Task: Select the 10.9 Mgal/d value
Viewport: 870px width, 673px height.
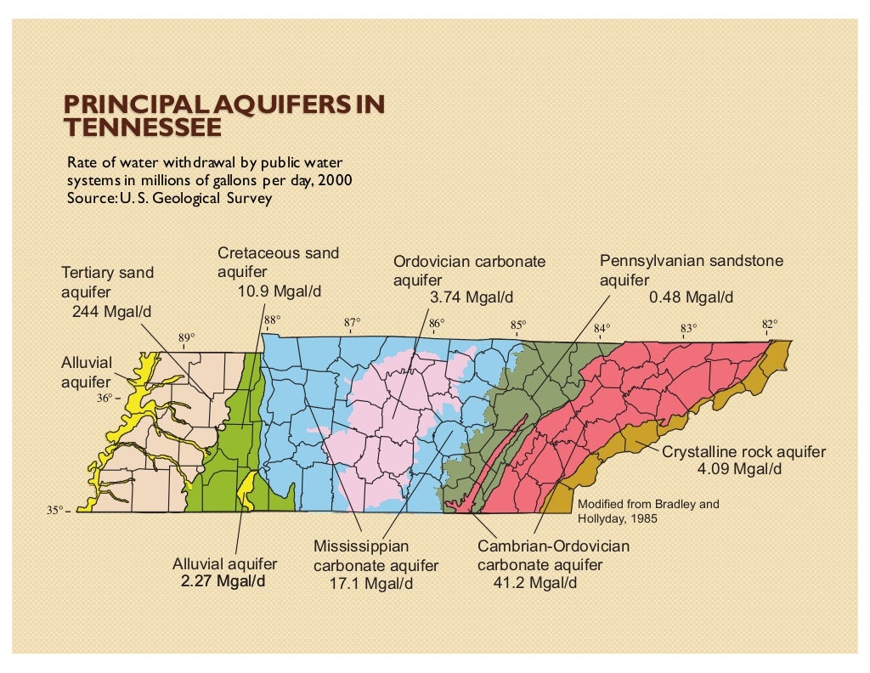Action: tap(279, 291)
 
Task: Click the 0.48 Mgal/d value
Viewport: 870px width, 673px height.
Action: tap(691, 297)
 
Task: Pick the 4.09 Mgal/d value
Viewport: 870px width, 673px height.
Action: tap(738, 469)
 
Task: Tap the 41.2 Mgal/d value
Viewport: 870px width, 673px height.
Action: tap(534, 584)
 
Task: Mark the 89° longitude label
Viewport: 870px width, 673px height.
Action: tap(186, 337)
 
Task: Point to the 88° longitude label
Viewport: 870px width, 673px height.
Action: tap(271, 321)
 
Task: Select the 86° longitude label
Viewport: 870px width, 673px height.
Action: tap(437, 324)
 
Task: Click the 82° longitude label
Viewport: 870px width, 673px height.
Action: tap(769, 324)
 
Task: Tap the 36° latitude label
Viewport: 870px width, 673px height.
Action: tap(104, 397)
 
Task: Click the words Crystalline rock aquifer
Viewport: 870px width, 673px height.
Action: tap(743, 452)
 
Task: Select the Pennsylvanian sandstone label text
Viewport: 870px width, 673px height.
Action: tap(692, 261)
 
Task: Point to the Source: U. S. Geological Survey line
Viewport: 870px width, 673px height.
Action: tap(169, 198)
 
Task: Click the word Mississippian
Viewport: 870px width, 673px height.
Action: tap(361, 546)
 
